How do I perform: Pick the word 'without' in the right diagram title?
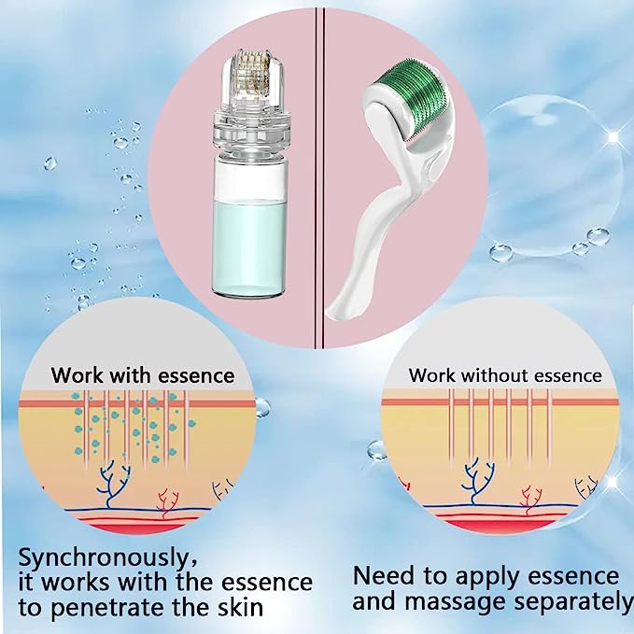[489, 375]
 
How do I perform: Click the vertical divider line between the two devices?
[318, 168]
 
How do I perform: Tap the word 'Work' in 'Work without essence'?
[432, 375]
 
